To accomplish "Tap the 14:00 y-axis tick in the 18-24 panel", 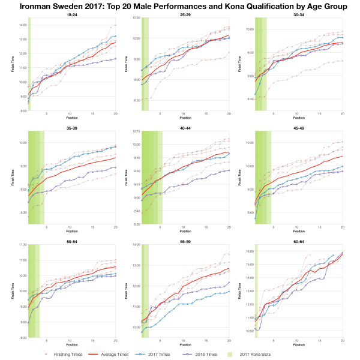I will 23,25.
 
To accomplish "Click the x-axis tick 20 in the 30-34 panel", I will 342,113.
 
